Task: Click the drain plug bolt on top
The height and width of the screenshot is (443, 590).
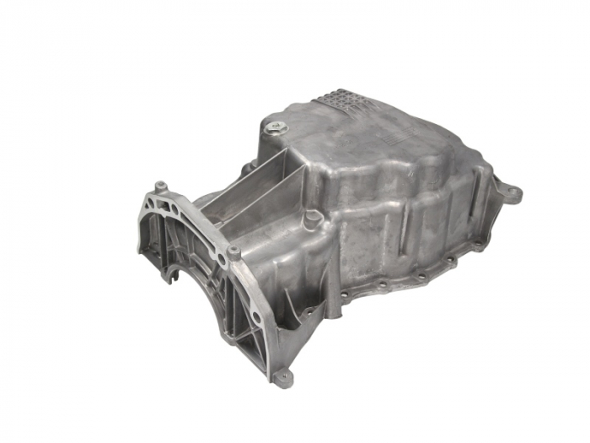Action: [x=277, y=128]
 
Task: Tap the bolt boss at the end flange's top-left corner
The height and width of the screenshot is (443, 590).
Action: [x=159, y=186]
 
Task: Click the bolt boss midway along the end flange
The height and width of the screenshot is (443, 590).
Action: [x=233, y=251]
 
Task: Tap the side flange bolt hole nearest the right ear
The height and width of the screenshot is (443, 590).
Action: [x=478, y=246]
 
